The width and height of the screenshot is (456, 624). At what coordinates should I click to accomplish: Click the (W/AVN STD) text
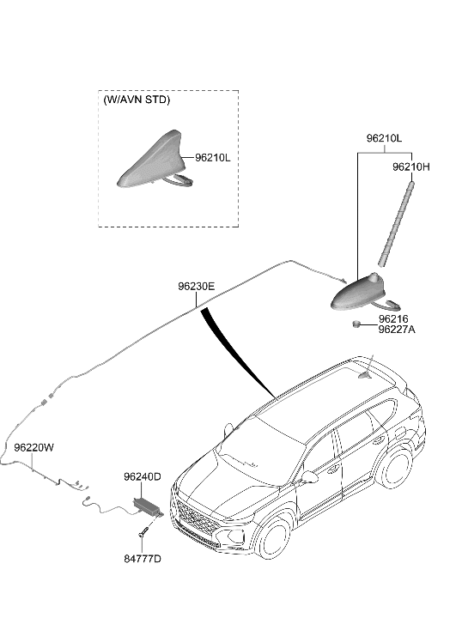coord(137,100)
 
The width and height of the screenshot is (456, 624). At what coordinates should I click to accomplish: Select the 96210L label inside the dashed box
coord(212,158)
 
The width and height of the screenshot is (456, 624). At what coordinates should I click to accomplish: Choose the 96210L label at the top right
coord(384,137)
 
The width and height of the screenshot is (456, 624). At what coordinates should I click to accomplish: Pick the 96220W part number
coord(33,448)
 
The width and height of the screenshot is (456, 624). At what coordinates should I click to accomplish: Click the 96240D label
coord(142,476)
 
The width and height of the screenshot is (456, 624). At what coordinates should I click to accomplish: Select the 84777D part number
coord(142,559)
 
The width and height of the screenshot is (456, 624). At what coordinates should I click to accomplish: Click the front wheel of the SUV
coord(277,542)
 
